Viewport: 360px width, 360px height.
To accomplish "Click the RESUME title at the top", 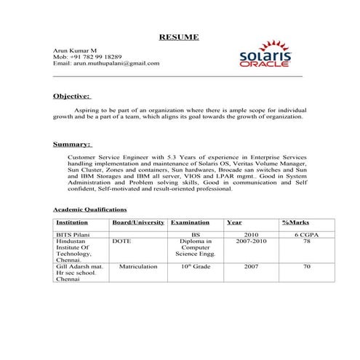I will tap(178, 37).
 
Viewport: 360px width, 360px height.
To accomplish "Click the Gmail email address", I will tap(106, 63).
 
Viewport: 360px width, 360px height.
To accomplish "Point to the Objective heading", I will tap(72, 95).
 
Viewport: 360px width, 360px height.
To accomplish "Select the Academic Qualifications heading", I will tap(91, 209).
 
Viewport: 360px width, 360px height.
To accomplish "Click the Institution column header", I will tap(72, 223).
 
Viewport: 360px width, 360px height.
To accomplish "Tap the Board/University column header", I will tap(137, 223).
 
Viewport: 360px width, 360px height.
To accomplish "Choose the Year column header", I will tap(235, 223).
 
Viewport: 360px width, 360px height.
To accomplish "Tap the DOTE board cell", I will tap(122, 241).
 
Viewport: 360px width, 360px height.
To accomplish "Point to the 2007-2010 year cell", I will tap(252, 241).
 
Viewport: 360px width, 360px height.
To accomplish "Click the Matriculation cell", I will tap(138, 267).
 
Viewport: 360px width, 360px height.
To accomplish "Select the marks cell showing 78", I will tap(307, 241).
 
